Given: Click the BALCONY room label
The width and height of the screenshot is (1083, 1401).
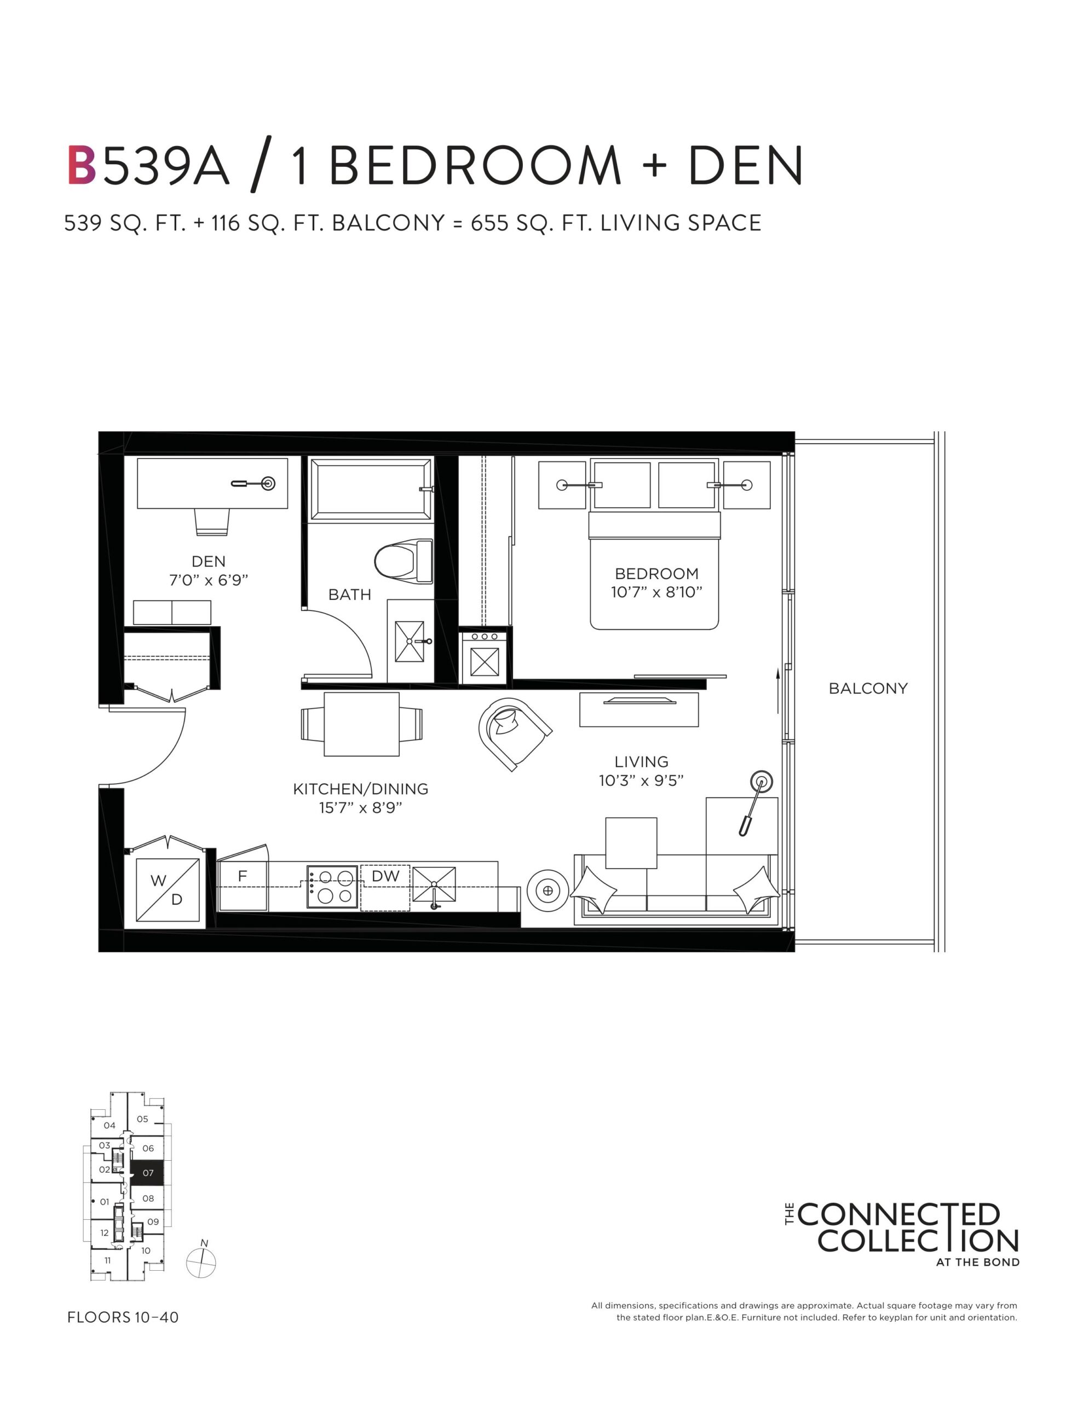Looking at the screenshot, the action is click(x=868, y=688).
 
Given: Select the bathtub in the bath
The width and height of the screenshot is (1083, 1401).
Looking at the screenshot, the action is click(x=371, y=489).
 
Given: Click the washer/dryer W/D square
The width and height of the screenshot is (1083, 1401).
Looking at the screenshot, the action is click(x=168, y=890).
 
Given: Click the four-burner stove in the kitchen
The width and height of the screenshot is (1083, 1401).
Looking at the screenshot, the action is click(x=332, y=887).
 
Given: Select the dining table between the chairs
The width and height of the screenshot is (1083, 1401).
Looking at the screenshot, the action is click(x=361, y=724).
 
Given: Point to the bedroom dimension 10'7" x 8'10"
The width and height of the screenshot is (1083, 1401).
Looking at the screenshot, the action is click(x=656, y=592).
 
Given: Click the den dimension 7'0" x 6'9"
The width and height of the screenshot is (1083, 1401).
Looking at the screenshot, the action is click(x=209, y=581).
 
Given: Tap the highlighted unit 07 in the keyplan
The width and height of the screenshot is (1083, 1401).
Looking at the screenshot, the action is click(x=148, y=1173).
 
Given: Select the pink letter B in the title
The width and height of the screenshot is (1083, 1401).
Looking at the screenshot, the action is click(x=82, y=165).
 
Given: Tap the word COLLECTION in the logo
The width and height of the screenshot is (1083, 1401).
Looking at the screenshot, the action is click(x=918, y=1241).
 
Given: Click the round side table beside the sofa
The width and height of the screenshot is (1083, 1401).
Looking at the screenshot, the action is click(x=548, y=890).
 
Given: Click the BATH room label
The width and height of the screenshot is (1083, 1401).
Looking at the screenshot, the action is click(x=350, y=595).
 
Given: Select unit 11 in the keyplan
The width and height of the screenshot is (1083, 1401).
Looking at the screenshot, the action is click(x=108, y=1260).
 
